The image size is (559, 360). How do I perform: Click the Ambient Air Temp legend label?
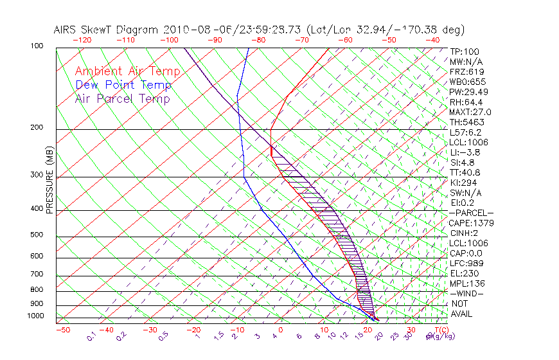127,71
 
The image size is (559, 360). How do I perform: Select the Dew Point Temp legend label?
123,85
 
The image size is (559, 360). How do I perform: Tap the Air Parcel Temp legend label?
122,98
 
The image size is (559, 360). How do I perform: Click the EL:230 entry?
463,273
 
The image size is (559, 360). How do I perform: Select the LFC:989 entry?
466,263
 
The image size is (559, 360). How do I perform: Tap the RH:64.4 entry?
466,102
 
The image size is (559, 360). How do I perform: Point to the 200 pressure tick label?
37,127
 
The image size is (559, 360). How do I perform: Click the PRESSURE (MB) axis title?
49,181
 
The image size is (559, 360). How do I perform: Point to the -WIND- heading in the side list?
466,293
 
